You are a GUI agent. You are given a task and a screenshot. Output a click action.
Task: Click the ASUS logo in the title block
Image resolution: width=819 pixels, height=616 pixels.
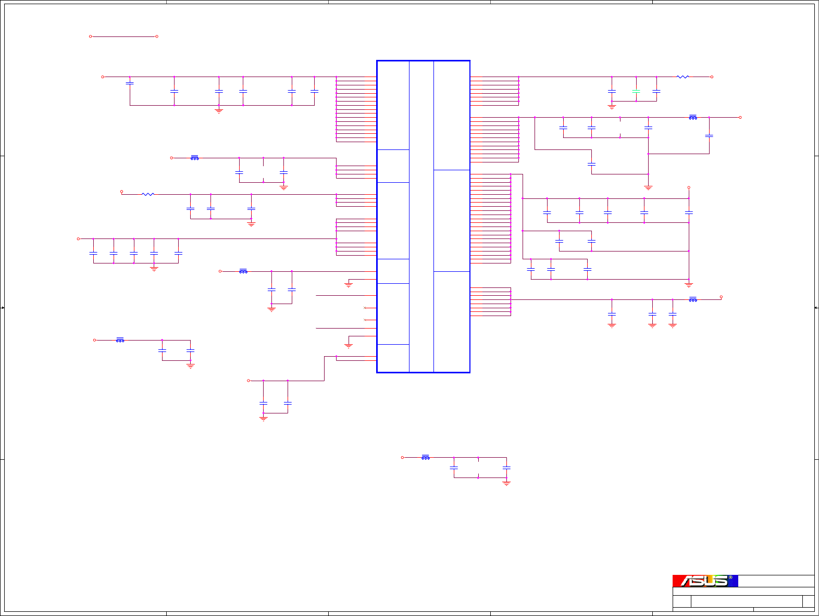tap(705, 581)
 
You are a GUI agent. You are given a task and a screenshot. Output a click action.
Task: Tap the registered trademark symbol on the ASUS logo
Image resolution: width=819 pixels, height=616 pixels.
tap(730, 577)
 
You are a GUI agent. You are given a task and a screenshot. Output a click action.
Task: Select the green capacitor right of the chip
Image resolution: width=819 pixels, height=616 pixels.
tap(636, 92)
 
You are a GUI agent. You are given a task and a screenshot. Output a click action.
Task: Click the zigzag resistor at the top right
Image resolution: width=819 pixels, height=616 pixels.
tap(682, 77)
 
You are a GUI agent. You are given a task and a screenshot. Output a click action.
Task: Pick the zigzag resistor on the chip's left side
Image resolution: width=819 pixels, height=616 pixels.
tap(148, 194)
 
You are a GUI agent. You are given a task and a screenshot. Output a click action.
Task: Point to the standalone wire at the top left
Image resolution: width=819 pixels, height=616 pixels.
tap(123, 36)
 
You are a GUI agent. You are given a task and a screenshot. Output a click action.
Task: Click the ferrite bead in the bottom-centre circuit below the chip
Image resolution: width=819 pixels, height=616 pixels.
tap(426, 457)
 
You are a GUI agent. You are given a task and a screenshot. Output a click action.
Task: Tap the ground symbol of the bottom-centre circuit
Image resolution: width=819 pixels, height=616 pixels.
tap(506, 483)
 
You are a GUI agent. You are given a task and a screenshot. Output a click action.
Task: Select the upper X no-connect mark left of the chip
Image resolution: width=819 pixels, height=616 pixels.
tap(365, 308)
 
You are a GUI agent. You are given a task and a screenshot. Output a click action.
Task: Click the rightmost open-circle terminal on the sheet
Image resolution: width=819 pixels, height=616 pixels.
tap(740, 117)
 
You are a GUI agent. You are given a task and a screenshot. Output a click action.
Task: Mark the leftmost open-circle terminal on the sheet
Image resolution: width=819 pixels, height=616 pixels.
tap(78, 238)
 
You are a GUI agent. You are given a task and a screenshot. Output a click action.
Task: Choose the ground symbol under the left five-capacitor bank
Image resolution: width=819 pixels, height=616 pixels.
tap(154, 269)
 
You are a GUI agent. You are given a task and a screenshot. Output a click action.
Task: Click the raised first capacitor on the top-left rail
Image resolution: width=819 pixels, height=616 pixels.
tap(130, 83)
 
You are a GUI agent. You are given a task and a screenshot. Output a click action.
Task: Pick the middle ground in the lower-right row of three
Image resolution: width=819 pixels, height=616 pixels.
tap(652, 325)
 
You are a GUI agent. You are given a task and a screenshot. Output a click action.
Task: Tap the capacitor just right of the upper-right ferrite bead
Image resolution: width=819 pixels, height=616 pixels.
tap(709, 136)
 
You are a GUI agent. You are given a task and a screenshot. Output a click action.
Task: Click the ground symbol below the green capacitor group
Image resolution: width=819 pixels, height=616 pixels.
tap(612, 106)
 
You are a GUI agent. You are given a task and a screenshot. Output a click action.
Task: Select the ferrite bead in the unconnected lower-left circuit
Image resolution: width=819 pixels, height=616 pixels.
tap(120, 340)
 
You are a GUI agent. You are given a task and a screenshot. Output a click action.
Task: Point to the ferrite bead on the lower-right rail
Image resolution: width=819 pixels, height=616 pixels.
tap(693, 299)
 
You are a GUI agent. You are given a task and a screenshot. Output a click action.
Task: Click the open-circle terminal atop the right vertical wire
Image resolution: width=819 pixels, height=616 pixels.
tap(689, 187)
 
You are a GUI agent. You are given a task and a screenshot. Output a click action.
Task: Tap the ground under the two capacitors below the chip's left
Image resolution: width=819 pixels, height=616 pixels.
tap(263, 418)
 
